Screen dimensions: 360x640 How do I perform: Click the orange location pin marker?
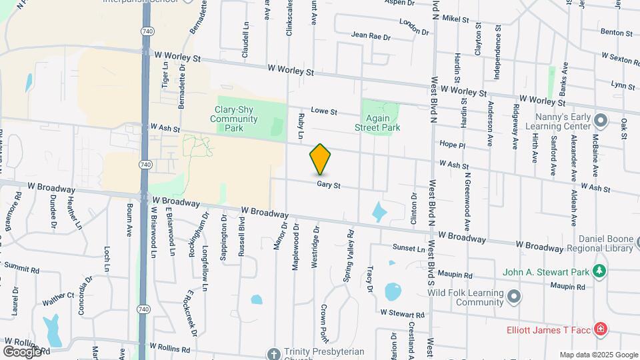tap(320, 159)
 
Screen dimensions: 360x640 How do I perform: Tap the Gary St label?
tap(329, 185)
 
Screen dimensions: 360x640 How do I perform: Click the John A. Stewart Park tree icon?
tap(599, 270)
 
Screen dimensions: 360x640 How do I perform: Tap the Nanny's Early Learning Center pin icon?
tap(601, 121)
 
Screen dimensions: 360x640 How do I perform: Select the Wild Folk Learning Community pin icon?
tap(514, 295)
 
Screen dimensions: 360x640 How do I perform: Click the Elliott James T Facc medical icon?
tap(600, 329)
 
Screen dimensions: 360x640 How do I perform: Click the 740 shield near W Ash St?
tap(145, 164)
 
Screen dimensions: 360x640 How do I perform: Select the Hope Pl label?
tap(452, 144)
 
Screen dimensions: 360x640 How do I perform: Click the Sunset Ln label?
tap(409, 248)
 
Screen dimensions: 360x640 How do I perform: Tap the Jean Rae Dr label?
tap(370, 35)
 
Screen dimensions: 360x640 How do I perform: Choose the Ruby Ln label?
tap(301, 125)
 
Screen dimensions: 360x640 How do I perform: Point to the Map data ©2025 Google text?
tap(598, 355)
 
